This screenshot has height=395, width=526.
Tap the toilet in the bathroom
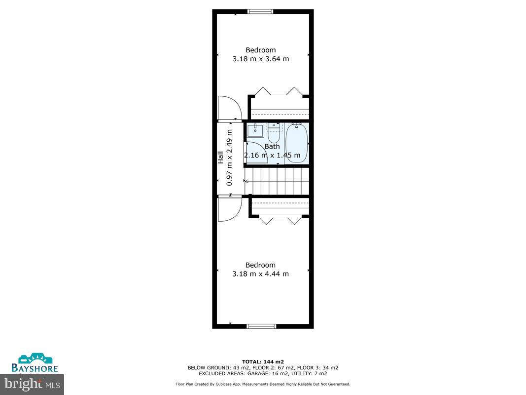click(274, 132)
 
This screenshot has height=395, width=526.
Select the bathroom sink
click(256, 130)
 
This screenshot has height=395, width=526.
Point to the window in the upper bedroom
click(261, 11)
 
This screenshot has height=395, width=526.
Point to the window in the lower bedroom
click(261, 326)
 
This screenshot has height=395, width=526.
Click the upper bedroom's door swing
click(228, 108)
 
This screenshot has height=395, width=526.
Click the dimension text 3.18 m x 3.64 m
click(260, 59)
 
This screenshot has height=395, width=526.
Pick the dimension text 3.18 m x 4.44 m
click(260, 274)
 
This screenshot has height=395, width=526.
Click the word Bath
click(272, 146)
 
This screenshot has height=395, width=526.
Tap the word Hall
click(220, 158)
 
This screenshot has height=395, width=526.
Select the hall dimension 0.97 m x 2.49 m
click(229, 158)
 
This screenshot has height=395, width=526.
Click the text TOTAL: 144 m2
click(263, 361)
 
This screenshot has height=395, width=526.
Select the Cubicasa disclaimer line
click(263, 384)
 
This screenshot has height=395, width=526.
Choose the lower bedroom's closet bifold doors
click(280, 221)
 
